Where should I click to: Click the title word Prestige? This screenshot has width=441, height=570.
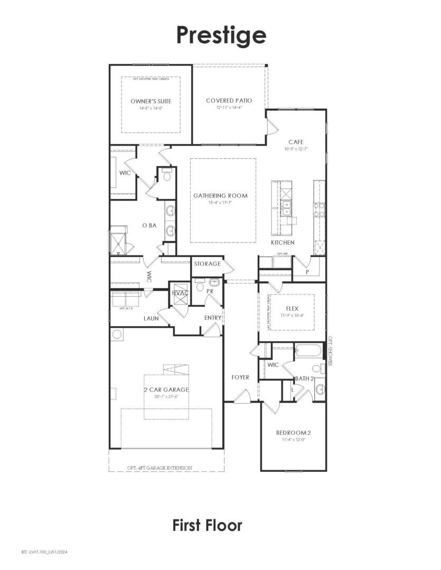(x=221, y=35)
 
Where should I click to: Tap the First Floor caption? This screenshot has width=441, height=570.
(x=207, y=525)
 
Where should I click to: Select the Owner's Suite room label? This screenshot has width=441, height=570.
(x=151, y=101)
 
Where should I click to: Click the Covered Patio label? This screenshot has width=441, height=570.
(x=229, y=100)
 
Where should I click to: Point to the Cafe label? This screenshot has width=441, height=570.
(x=295, y=142)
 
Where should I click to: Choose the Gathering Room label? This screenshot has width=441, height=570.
(x=220, y=196)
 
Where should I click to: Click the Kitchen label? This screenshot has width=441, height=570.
(x=283, y=242)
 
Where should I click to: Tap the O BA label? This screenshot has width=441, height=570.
(x=149, y=225)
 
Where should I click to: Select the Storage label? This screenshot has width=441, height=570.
(x=207, y=263)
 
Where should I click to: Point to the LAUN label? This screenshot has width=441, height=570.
(x=152, y=318)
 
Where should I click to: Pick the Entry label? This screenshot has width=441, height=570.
(x=212, y=318)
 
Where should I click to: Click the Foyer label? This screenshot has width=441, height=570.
(x=240, y=377)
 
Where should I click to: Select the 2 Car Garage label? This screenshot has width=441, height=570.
(x=166, y=389)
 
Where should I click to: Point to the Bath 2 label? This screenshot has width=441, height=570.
(x=305, y=378)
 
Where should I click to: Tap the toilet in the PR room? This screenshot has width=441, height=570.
(x=200, y=285)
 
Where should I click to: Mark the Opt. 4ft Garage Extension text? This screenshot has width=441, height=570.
(x=159, y=468)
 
